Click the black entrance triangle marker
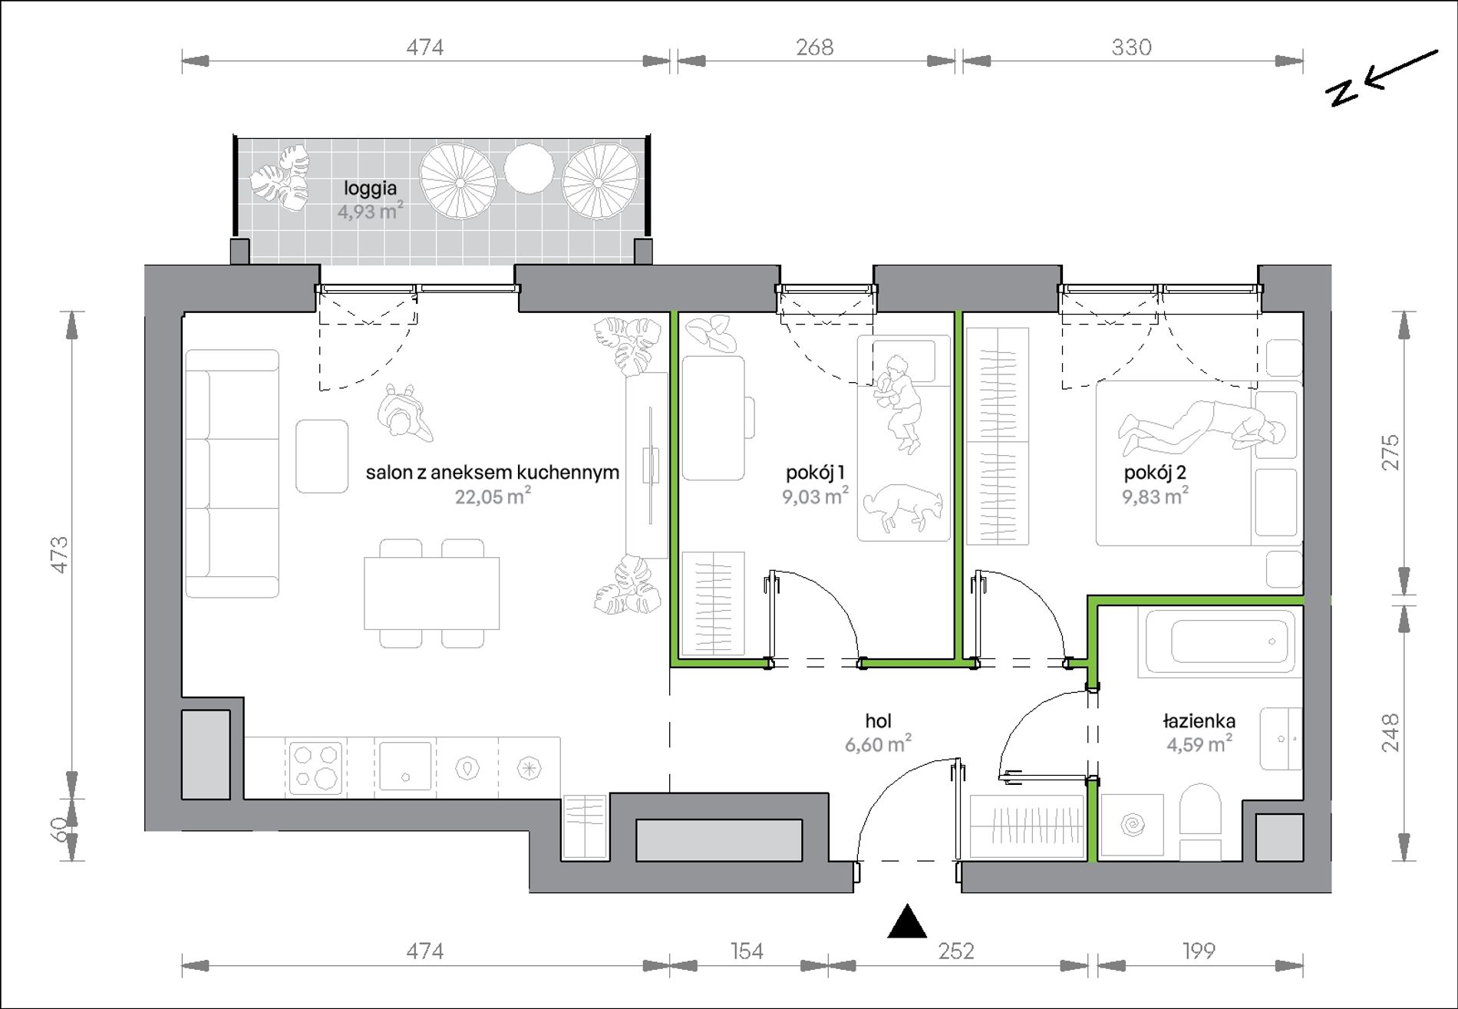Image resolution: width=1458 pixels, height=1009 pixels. point(908,922)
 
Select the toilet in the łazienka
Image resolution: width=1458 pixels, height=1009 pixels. point(1199,821)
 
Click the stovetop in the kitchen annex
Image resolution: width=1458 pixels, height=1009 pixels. point(315,767)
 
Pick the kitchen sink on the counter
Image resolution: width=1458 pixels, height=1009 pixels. point(405,767)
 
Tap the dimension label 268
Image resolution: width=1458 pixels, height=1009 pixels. point(814,48)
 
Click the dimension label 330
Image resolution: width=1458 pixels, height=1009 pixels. point(1131,48)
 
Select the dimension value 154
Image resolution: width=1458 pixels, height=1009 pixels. point(747,951)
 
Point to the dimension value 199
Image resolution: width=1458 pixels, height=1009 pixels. point(1199,951)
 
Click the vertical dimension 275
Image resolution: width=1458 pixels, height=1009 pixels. point(1390,453)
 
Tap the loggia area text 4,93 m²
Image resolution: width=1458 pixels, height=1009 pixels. point(371,212)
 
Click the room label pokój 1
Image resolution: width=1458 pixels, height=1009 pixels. point(815,472)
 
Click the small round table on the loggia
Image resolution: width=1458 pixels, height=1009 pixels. point(529,168)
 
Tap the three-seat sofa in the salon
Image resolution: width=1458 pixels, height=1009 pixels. point(232,473)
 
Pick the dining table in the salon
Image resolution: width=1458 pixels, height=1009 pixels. point(432,593)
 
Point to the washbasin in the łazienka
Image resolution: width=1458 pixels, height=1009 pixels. point(1282,738)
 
